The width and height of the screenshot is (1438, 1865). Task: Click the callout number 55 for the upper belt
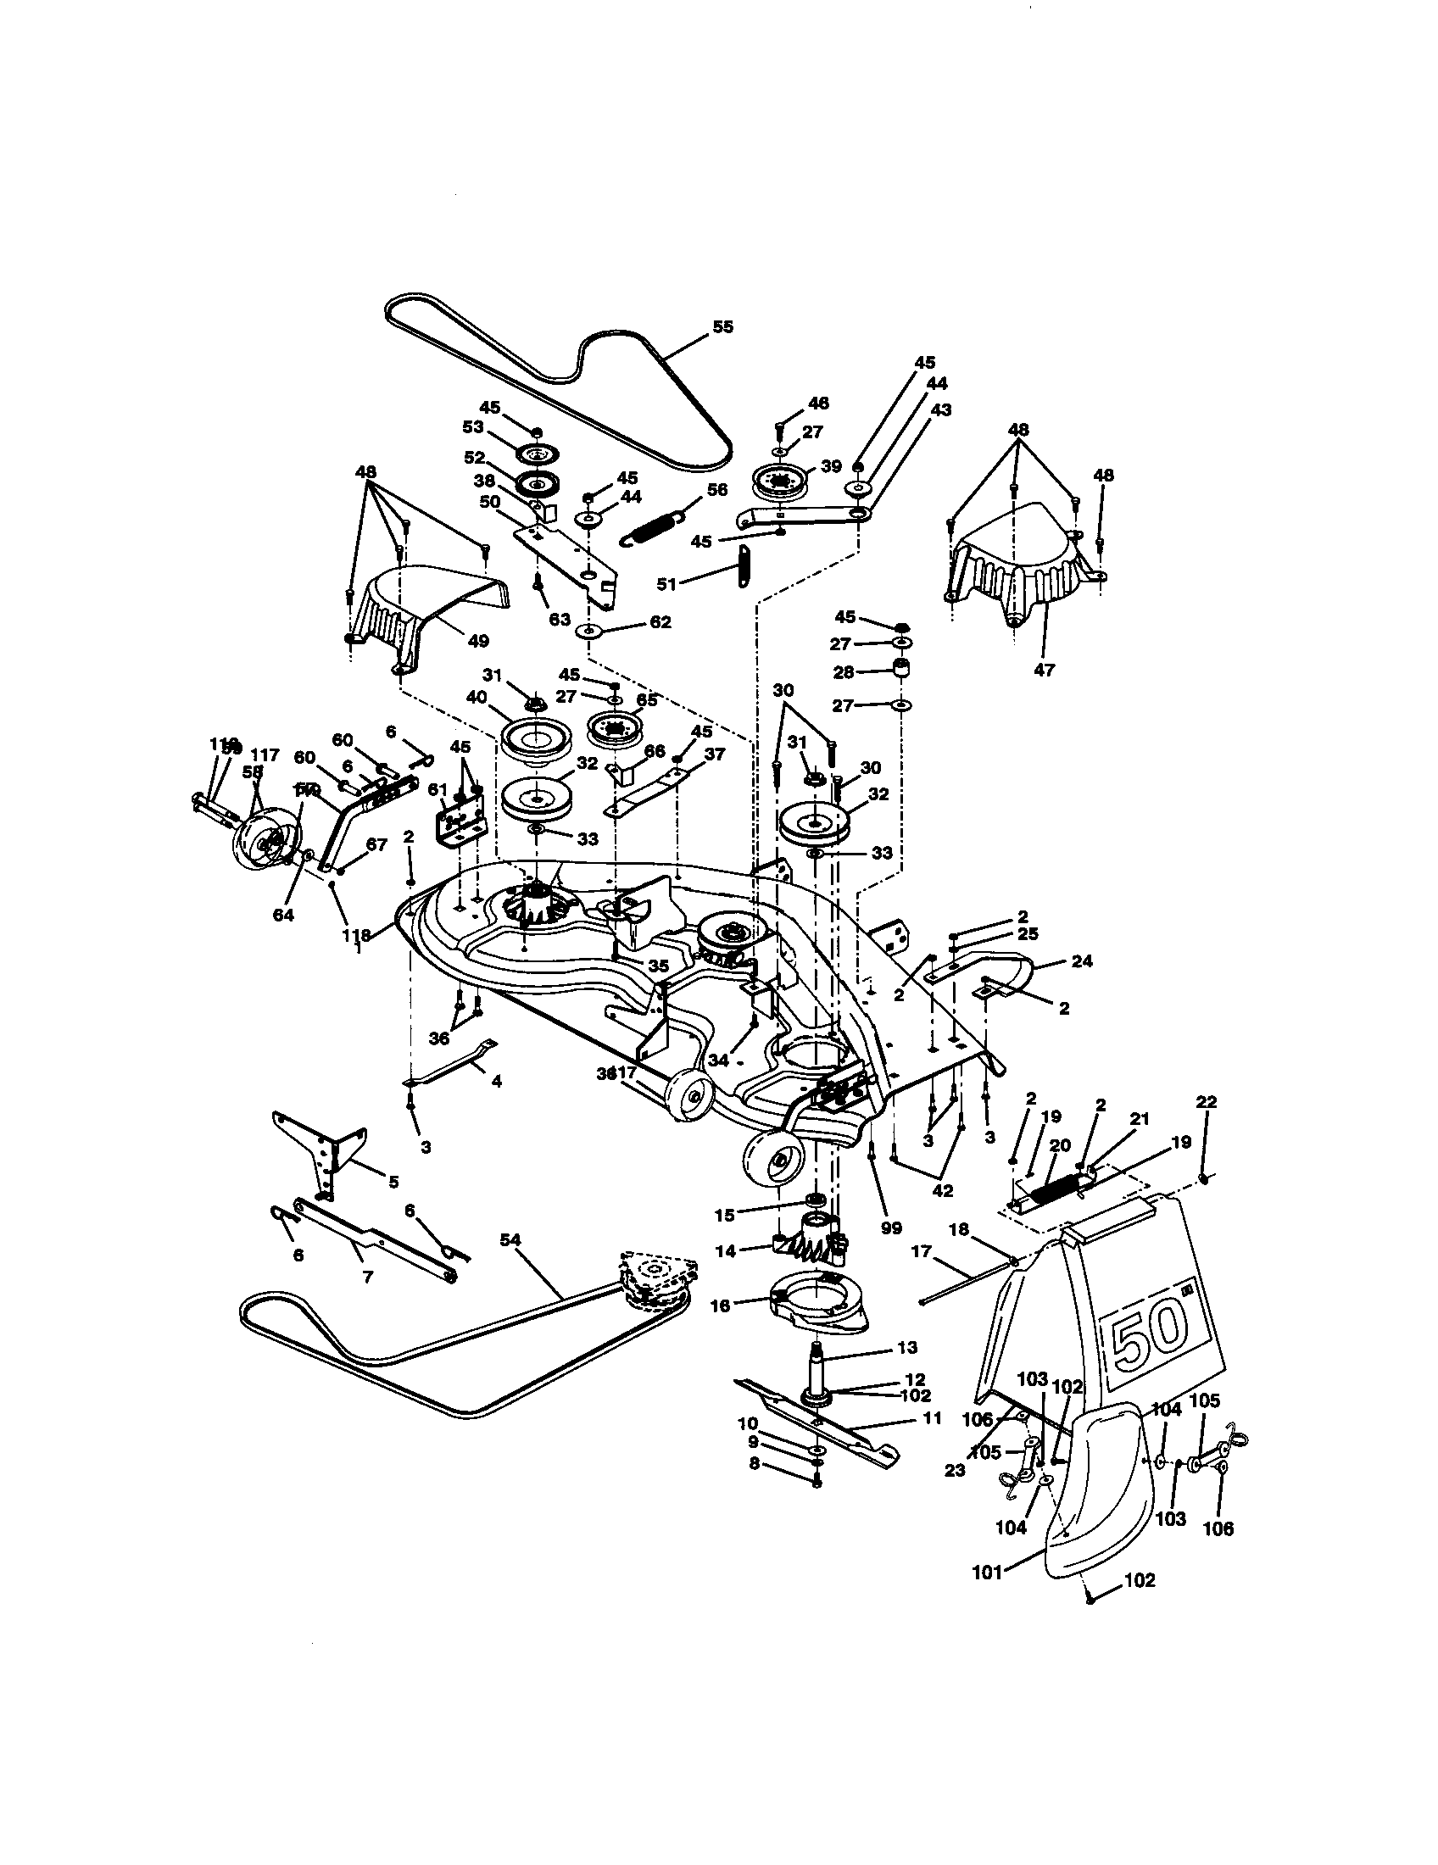pyautogui.click(x=722, y=327)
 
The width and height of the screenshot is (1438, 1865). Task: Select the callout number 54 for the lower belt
pyautogui.click(x=510, y=1240)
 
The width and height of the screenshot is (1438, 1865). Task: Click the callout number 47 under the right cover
pyautogui.click(x=1044, y=670)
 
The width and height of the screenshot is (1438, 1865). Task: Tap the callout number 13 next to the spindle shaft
pyautogui.click(x=908, y=1347)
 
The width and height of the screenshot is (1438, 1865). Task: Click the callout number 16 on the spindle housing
pyautogui.click(x=721, y=1305)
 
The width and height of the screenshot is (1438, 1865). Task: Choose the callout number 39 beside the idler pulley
pyautogui.click(x=831, y=465)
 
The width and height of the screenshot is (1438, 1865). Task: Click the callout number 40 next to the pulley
pyautogui.click(x=476, y=698)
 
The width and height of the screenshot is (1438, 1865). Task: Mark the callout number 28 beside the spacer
pyautogui.click(x=844, y=672)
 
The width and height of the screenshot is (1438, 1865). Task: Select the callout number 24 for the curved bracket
pyautogui.click(x=1082, y=960)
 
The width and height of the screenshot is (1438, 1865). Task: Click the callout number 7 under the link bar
pyautogui.click(x=368, y=1278)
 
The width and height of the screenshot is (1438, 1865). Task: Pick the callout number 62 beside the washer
pyautogui.click(x=660, y=621)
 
